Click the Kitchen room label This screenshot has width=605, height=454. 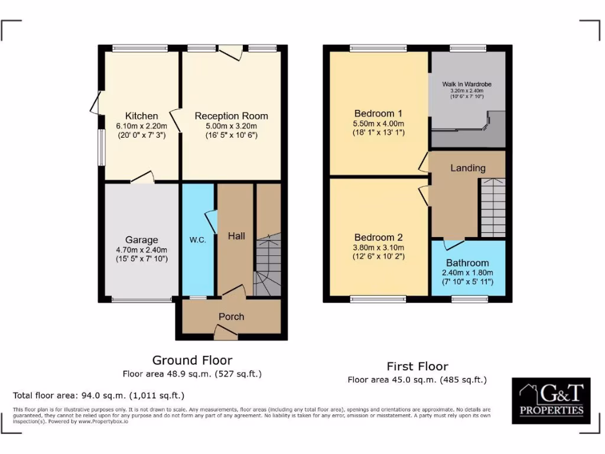(x=141, y=116)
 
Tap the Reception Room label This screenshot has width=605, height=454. (x=231, y=116)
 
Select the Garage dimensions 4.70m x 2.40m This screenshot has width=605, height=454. (x=141, y=249)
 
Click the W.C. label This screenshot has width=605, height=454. (x=197, y=240)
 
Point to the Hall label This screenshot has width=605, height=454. (x=236, y=236)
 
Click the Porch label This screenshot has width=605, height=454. (x=231, y=316)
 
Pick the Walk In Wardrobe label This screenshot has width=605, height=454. (x=467, y=84)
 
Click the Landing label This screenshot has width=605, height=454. (x=467, y=168)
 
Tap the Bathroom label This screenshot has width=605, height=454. (x=467, y=262)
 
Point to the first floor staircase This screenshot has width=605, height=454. (x=492, y=207)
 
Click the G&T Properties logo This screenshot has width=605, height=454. (x=551, y=401)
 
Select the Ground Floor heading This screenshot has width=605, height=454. (x=192, y=360)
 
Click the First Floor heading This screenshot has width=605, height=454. (x=417, y=366)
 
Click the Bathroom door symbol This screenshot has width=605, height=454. (x=454, y=243)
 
